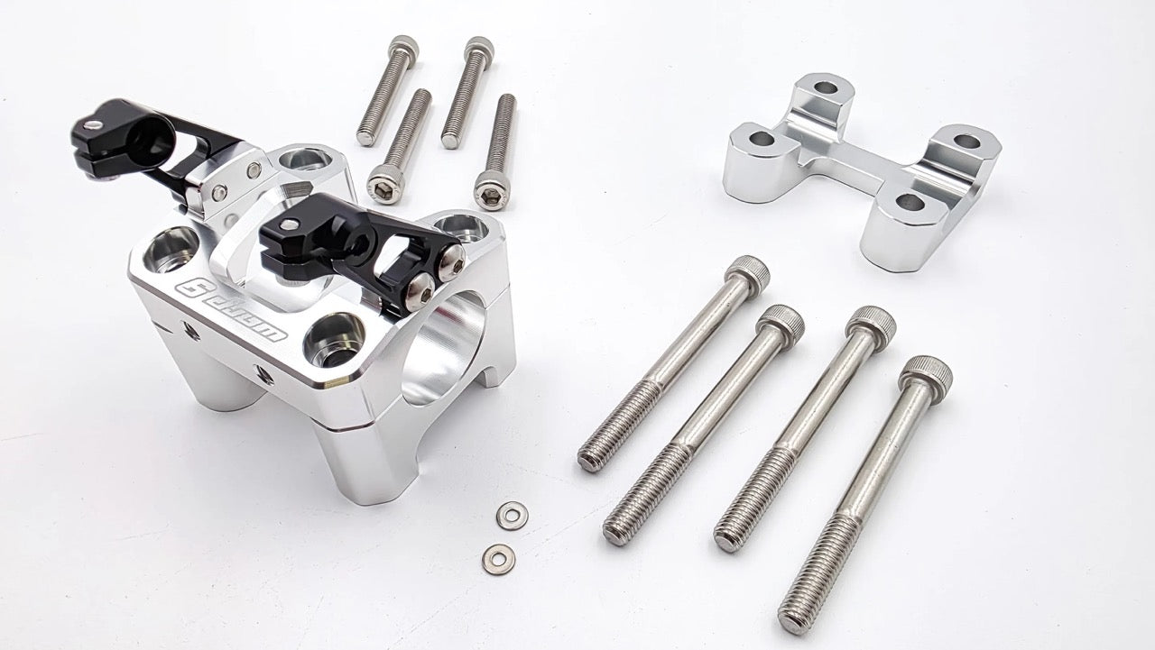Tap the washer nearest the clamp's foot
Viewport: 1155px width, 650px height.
click(512, 516)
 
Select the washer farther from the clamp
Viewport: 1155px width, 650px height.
click(498, 558)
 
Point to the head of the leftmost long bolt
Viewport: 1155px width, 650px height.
click(747, 270)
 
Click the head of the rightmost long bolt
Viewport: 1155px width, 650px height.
click(926, 371)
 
